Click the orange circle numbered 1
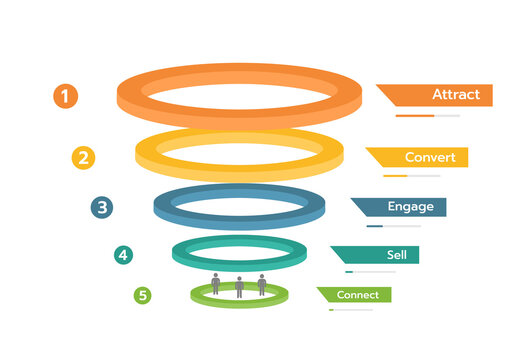coord(65,96)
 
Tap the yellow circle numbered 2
coord(84,157)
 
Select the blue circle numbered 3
coord(101,207)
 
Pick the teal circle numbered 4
coord(123,255)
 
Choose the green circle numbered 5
coord(143,295)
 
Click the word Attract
coord(456,95)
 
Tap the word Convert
coord(430,157)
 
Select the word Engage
coord(410,207)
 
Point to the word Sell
coord(397,255)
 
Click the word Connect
coord(357,295)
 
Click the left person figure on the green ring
coord(216,284)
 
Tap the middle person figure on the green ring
coord(239,288)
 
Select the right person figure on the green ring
coord(262,284)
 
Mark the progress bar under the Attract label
coord(427,116)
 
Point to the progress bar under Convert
coord(409,176)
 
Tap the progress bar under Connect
coord(350,310)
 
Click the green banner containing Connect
coord(355,295)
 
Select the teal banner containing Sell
coord(377,255)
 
